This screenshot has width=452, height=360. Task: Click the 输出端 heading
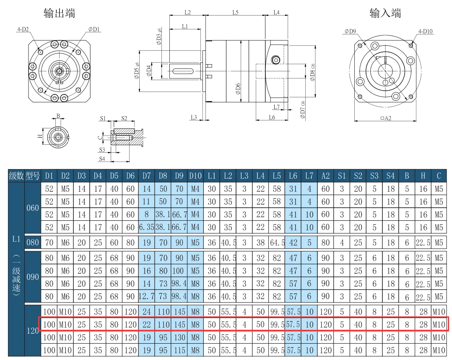tap(59, 13)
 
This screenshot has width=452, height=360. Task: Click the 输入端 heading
tap(385, 13)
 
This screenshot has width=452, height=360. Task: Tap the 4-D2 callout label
tap(23, 29)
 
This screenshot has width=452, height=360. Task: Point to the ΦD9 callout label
tap(351, 31)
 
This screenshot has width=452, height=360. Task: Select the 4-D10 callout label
tap(426, 31)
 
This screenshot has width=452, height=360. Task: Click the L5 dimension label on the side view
tap(235, 13)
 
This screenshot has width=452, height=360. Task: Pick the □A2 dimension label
tap(386, 118)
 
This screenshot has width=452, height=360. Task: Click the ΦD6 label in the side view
tap(238, 89)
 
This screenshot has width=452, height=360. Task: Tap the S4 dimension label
tap(102, 159)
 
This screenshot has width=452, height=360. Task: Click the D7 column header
tap(146, 176)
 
